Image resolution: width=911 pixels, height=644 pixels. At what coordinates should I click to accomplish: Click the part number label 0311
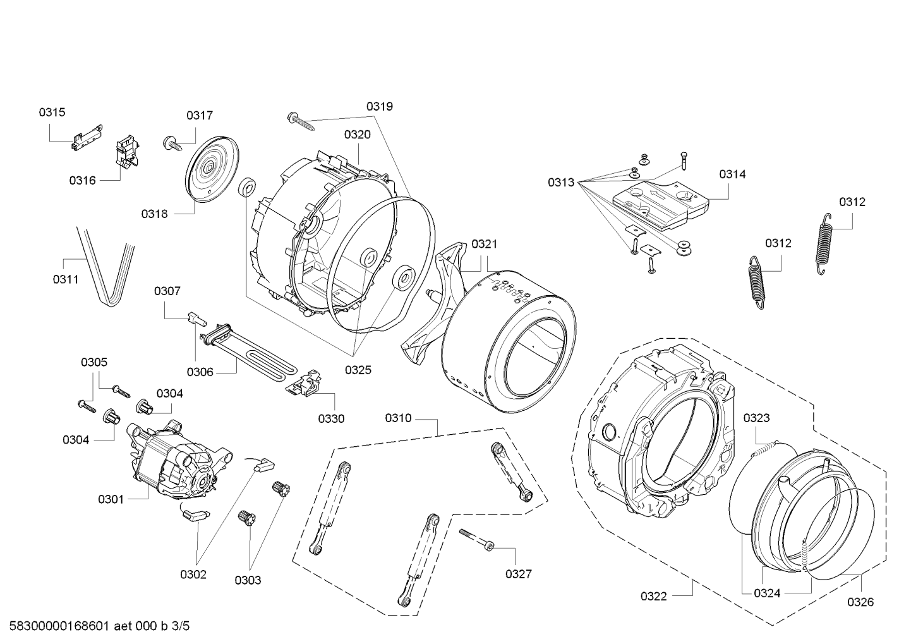click(65, 278)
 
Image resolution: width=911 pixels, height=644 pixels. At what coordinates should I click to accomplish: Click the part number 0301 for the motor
click(111, 499)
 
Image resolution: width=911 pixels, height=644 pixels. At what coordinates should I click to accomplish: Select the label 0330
click(331, 418)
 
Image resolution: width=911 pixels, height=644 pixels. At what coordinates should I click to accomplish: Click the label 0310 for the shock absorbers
click(398, 418)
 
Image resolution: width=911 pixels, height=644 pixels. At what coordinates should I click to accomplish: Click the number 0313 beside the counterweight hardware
click(561, 183)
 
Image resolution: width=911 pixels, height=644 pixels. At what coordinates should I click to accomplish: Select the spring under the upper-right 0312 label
click(823, 243)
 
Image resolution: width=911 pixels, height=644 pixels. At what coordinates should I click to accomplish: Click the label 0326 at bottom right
click(860, 602)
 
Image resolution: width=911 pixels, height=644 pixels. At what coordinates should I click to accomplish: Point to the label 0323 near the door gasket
click(756, 418)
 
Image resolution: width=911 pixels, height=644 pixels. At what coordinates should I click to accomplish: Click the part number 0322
click(653, 596)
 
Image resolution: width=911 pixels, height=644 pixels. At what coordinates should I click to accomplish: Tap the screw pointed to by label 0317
click(171, 142)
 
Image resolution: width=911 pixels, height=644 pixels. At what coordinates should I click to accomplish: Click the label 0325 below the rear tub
click(358, 370)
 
